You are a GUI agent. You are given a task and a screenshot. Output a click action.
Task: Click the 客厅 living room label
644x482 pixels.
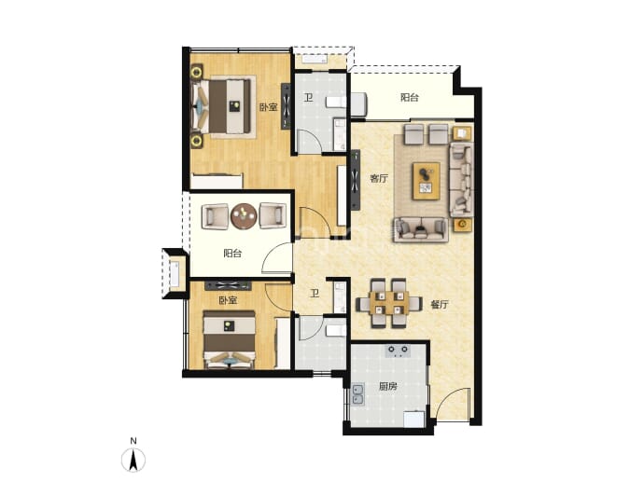379,178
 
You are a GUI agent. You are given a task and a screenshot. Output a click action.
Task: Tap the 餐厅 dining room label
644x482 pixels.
440,304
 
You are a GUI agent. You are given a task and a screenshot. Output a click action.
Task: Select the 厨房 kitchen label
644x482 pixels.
387,386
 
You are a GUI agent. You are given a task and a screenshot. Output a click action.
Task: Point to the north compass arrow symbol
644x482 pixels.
133,460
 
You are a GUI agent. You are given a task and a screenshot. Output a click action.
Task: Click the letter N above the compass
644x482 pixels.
133,441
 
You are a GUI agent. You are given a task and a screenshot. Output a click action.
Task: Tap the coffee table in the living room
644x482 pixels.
427,181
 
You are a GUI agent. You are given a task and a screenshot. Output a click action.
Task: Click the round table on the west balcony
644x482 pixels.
244,216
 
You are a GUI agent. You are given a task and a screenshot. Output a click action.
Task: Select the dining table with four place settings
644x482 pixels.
388,303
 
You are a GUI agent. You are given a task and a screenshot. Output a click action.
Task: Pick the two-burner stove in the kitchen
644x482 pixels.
398,350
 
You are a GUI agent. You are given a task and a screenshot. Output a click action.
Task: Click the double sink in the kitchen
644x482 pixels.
357,395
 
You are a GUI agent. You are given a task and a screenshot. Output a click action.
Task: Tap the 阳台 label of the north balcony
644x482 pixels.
410,97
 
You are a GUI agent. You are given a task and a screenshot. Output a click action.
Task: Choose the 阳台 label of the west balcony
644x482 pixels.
232,253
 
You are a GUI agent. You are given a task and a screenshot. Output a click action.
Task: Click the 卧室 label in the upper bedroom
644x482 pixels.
268,107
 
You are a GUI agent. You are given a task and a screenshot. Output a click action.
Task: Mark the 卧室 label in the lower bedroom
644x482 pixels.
228,300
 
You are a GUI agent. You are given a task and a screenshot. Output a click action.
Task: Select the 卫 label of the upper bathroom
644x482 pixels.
308,98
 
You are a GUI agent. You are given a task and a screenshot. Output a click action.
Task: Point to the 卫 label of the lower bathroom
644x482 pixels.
315,294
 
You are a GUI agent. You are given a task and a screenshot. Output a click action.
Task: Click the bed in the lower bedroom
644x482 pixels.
230,339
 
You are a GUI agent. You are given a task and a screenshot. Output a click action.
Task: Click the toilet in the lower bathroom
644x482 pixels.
336,330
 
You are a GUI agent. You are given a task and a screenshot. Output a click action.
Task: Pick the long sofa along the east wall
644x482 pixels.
461,179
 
